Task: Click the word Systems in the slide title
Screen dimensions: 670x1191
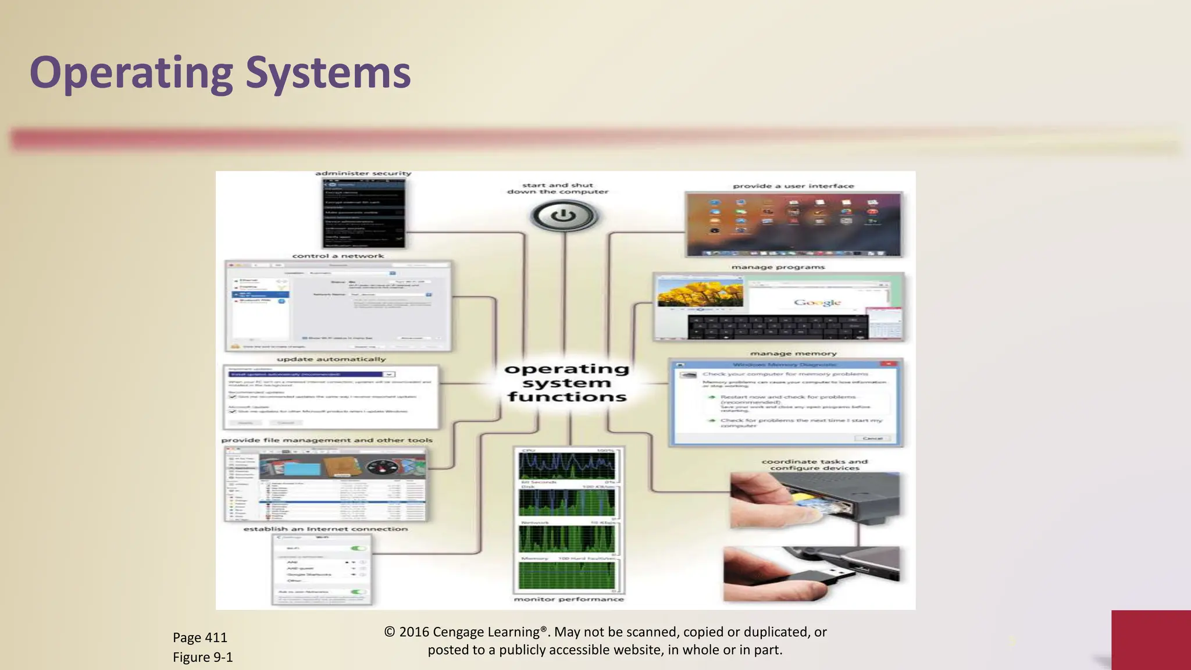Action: (328, 73)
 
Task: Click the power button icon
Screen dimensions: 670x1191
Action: (564, 216)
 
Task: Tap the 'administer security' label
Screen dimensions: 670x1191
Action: (363, 173)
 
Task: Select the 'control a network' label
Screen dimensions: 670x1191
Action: (338, 256)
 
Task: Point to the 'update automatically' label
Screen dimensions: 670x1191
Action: (331, 359)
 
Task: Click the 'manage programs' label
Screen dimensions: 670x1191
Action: (778, 268)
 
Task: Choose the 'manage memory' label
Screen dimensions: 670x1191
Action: (793, 354)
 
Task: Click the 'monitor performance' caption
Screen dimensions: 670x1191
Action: (569, 599)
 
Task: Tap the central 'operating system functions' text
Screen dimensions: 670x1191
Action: (566, 383)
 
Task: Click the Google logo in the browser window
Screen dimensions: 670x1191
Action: (817, 302)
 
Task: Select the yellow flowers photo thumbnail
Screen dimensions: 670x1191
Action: (700, 294)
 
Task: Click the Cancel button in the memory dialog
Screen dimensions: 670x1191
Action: (873, 438)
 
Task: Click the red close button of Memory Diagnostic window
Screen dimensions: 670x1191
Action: (888, 364)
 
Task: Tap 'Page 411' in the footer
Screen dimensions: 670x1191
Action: (200, 637)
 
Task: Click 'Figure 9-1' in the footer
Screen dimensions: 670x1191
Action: (203, 657)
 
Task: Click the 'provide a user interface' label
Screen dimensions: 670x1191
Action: (793, 186)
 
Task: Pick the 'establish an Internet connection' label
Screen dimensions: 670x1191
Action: (325, 529)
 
